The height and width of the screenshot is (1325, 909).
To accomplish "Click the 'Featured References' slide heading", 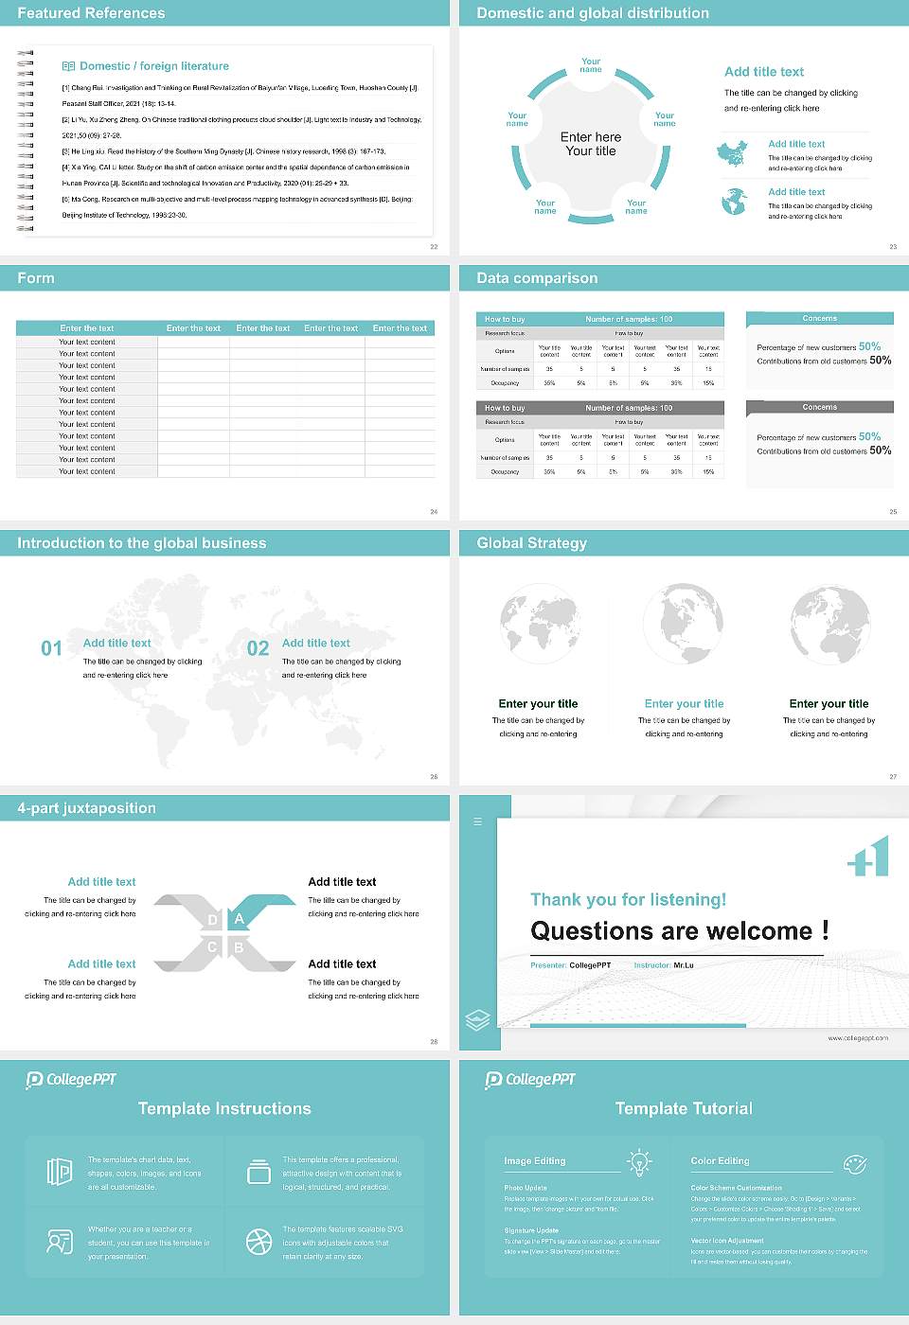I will [91, 13].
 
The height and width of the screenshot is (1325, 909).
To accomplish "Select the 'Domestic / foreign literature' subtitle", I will [153, 66].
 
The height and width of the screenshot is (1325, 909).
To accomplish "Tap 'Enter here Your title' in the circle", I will [591, 144].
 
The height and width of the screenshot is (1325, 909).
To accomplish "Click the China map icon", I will [731, 153].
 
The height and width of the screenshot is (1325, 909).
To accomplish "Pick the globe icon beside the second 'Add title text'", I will [734, 201].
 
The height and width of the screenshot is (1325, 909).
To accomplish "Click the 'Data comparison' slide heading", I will [537, 278].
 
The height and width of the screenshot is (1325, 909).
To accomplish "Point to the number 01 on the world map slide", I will [51, 648].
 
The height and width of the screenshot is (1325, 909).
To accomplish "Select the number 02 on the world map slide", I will [258, 648].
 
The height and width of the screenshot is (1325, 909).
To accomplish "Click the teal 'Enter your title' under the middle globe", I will [684, 704].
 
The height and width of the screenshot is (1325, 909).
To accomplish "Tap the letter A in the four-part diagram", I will [240, 919].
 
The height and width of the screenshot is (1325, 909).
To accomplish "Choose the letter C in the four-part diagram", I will [212, 947].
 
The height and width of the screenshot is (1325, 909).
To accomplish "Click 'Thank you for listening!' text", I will [628, 900].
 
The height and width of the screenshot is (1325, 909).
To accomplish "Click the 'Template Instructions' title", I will [224, 1108].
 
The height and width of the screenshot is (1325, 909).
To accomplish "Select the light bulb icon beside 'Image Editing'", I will [640, 1162].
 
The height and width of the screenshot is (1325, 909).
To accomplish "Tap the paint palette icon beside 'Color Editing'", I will [854, 1163].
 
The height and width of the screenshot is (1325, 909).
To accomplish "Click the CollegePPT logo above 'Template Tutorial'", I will [530, 1080].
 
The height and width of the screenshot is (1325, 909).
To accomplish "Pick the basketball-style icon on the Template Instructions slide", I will [258, 1242].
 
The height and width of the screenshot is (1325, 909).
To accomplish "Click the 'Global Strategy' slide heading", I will [531, 543].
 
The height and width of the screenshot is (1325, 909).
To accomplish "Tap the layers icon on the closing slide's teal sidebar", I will [478, 1020].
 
